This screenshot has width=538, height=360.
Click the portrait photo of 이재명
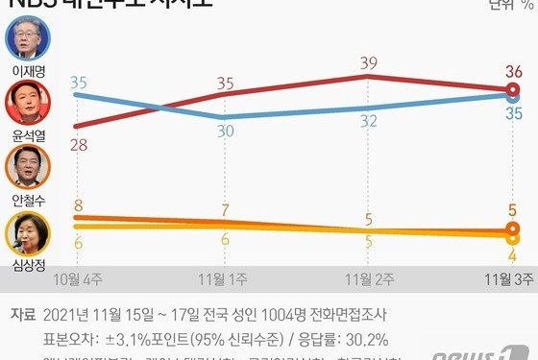click(x=27, y=39)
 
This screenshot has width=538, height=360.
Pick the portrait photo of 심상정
click(x=27, y=231)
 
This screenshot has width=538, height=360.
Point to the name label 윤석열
click(x=27, y=134)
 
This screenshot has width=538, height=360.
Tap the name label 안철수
click(x=27, y=199)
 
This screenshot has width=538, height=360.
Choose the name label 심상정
click(x=27, y=261)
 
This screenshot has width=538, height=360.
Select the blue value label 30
click(x=224, y=132)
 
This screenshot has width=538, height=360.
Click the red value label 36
click(x=513, y=70)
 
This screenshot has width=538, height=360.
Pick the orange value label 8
click(x=78, y=204)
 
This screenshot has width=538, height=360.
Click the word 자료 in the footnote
click(x=24, y=315)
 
